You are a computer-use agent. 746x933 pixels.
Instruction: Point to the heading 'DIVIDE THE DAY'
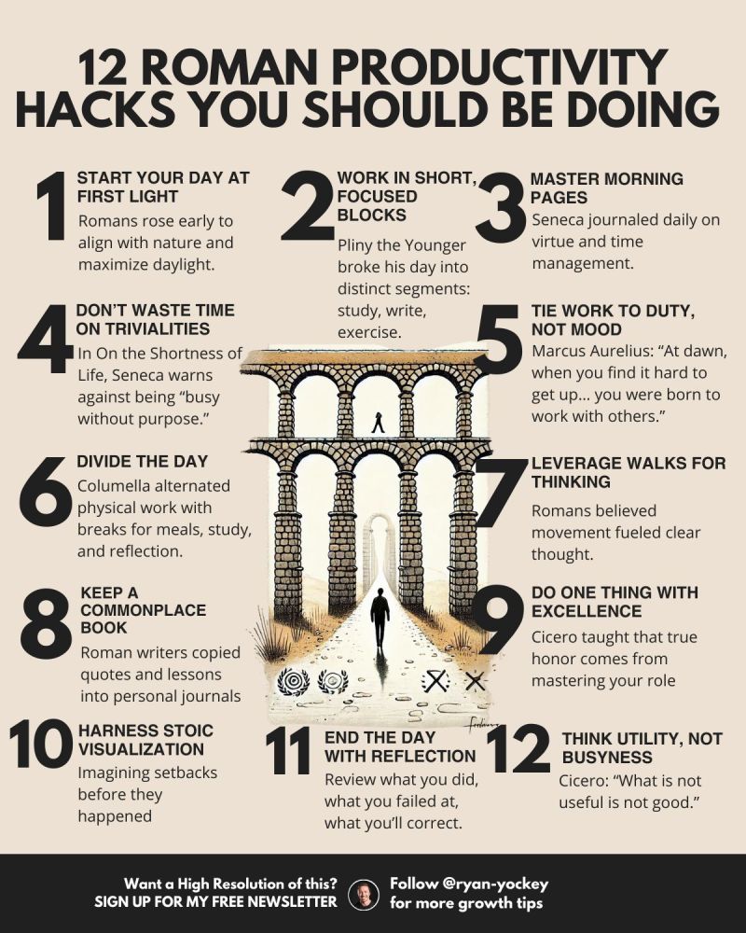click(142, 462)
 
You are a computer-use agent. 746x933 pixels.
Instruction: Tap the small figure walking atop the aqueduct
click(378, 423)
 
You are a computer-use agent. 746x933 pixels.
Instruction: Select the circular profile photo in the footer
click(365, 893)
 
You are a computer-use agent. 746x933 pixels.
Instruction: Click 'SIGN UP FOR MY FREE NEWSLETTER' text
click(215, 902)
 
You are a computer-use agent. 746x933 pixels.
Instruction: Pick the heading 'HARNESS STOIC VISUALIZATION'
click(145, 739)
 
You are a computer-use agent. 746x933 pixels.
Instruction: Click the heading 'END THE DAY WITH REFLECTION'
click(399, 745)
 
